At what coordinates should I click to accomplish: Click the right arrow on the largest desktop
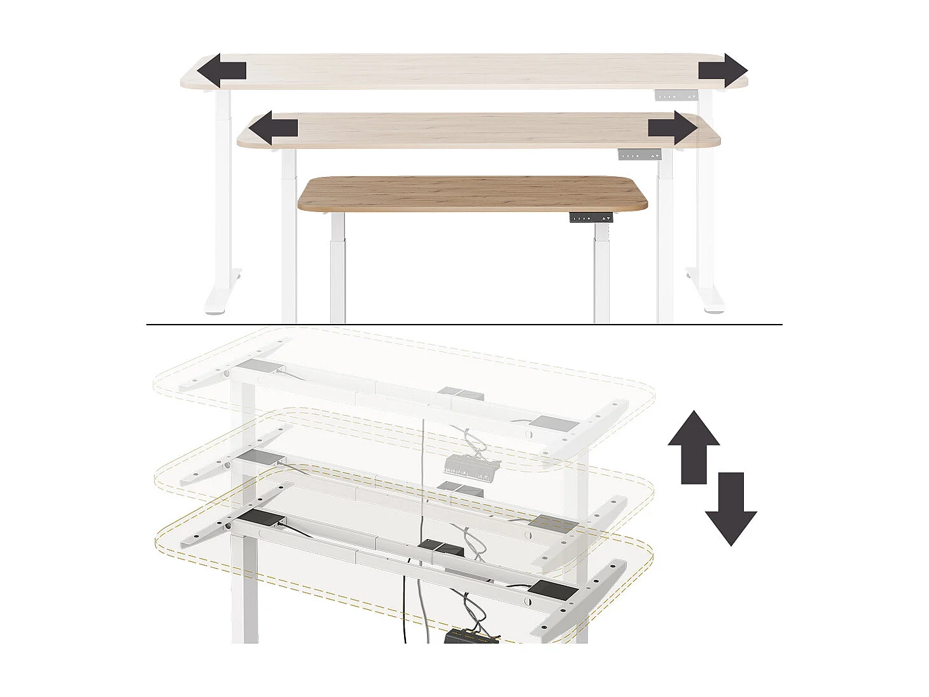(723, 71)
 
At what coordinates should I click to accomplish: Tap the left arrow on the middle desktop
(272, 129)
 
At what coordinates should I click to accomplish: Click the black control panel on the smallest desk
(592, 218)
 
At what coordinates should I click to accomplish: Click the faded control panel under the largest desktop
(677, 95)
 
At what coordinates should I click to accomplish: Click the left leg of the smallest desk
(337, 274)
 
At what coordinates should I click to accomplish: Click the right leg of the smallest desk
(602, 274)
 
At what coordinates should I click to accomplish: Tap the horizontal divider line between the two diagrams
(464, 325)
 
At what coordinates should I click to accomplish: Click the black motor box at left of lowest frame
(263, 519)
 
